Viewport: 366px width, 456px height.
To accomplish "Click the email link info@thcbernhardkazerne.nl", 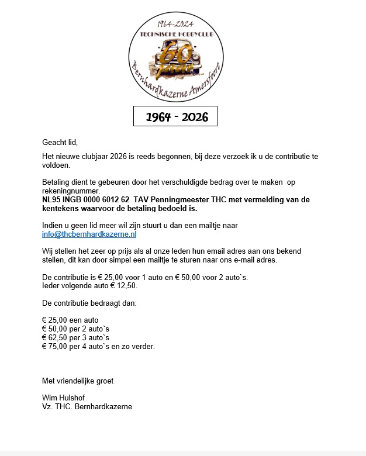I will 89,234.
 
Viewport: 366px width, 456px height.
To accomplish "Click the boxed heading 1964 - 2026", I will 175,117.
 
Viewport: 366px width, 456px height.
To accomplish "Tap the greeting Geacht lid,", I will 60,142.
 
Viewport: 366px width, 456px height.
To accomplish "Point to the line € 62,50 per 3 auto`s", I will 75,337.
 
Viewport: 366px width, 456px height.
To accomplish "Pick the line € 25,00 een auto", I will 70,320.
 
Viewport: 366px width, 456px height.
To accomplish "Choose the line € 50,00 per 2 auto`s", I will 75,329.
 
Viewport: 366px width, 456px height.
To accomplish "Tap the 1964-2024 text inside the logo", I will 175,23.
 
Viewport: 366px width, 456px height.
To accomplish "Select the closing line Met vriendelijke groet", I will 78,381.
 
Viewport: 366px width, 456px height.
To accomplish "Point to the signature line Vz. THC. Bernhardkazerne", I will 87,406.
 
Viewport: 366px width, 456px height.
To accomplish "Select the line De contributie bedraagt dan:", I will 89,303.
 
